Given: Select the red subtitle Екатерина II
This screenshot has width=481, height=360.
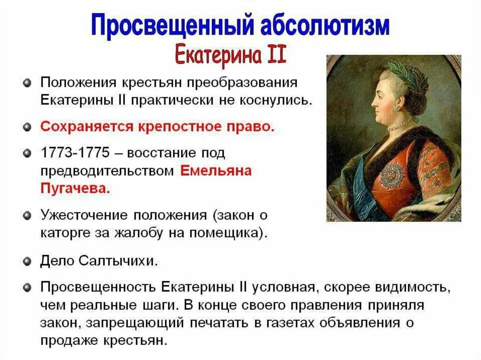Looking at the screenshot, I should click(231, 54).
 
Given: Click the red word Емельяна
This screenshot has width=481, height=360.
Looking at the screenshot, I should click(216, 171).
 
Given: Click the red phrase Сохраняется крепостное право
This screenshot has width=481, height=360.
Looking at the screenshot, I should click(156, 127).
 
